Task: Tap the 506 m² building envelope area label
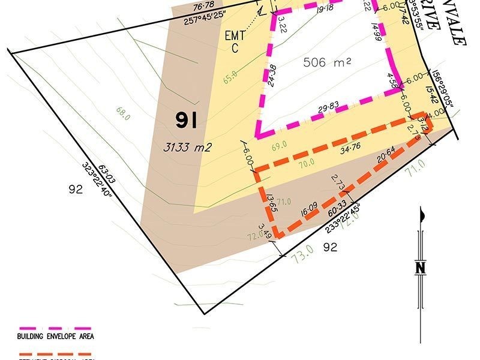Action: [327, 62]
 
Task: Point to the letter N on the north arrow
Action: [422, 268]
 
